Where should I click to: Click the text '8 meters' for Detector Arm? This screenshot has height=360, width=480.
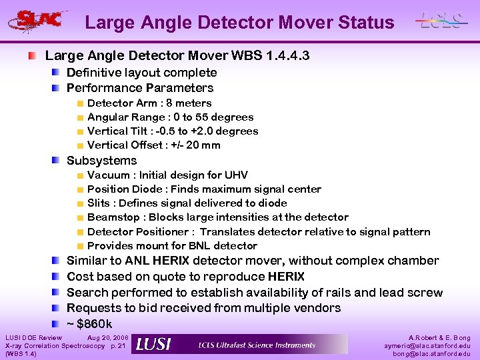pos(189,103)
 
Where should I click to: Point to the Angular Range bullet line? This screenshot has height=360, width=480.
pos(170,117)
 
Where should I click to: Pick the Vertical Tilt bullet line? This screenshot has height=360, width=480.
pos(172,131)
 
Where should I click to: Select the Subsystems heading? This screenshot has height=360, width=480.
pos(101,161)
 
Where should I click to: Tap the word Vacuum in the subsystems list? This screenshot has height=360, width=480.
pos(109,175)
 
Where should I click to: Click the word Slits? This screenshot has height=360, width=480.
pos(99,203)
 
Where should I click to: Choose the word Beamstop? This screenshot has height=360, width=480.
pos(114,217)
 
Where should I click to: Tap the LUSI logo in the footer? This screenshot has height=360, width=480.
pos(153,344)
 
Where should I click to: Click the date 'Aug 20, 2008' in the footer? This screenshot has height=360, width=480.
pos(107,339)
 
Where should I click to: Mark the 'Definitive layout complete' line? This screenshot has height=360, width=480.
pos(141,73)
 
